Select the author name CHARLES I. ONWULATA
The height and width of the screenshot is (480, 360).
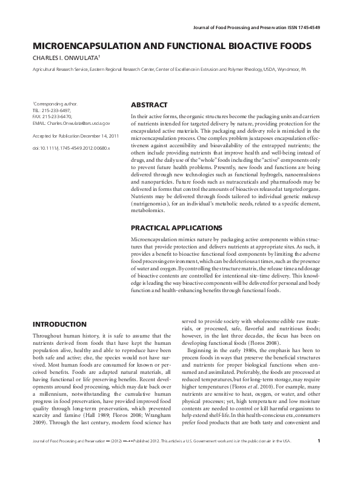click(67, 57)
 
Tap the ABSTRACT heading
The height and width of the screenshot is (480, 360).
click(149, 105)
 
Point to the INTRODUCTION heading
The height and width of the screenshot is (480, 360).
click(59, 324)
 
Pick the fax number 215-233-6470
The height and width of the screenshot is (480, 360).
click(56, 116)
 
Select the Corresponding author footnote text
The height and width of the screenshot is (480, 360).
click(55, 104)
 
